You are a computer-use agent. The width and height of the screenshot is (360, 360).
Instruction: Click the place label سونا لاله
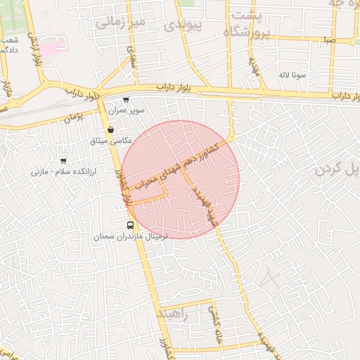click(x=290, y=74)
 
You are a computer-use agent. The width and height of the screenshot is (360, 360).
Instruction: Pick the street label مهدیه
click(x=254, y=67)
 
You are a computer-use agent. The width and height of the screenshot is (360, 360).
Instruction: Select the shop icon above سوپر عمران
click(x=126, y=101)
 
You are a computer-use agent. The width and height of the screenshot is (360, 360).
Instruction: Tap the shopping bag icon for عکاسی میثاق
click(x=111, y=129)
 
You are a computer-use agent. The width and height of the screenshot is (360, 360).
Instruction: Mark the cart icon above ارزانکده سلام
click(x=63, y=161)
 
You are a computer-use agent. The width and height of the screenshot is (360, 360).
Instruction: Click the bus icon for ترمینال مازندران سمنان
click(x=130, y=225)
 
